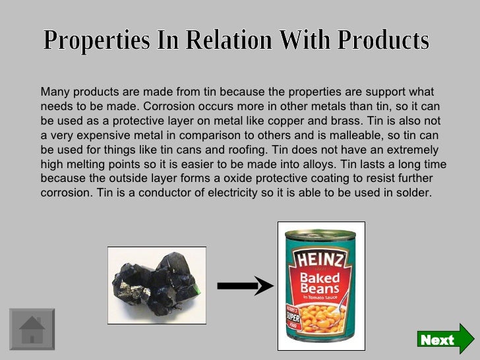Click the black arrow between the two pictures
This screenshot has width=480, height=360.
tap(245, 285)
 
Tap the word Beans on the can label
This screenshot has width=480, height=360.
tap(320, 289)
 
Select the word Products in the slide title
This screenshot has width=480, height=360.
tap(383, 42)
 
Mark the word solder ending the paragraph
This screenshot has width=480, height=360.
tap(414, 193)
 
